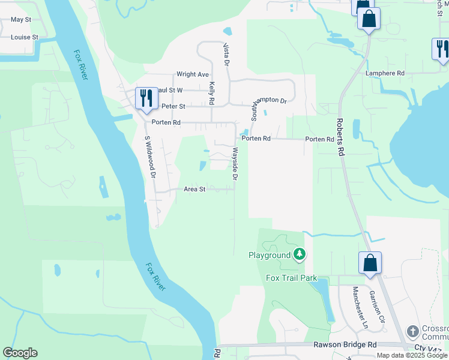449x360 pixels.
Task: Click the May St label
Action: pos(20,20)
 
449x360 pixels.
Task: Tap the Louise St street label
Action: pos(24,37)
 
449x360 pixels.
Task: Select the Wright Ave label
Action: pos(192,74)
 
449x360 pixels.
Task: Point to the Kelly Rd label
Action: pos(212,94)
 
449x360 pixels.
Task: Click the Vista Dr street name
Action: pos(227,54)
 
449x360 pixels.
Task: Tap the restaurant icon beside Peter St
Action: pos(146,98)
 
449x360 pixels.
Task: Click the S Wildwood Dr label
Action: pos(150,157)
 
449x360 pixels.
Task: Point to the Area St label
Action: pos(194,189)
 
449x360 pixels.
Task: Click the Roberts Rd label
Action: pos(340,137)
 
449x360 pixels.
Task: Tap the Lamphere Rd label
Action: pos(385,73)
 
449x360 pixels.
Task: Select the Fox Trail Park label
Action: pos(291,278)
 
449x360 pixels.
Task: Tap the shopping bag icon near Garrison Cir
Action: pos(370,263)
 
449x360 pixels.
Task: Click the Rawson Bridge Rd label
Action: pos(345,345)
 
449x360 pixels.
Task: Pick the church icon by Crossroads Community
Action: pos(412,331)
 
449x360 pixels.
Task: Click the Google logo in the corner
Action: pos(20,353)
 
